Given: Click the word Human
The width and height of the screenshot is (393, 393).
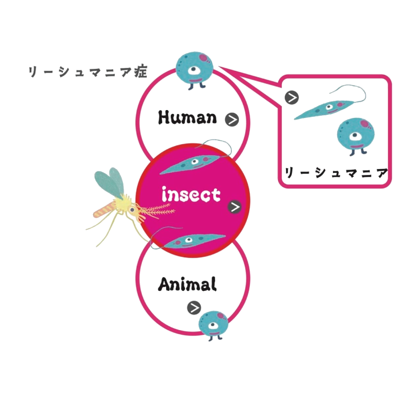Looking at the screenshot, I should pos(187,117).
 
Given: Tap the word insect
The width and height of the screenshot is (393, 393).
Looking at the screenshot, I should pos(191,196).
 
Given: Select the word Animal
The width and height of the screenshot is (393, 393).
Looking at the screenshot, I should pos(187,284).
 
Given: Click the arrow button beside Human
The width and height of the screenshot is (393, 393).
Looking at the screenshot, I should pos(231,119).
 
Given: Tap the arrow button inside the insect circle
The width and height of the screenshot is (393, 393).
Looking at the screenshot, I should pos(235,207).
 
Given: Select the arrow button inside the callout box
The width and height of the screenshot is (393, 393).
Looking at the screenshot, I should pos(292,97).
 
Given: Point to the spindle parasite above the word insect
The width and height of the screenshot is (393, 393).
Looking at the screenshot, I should pos(192,163).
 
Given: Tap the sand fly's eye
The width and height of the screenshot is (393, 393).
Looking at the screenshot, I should pos(132,209).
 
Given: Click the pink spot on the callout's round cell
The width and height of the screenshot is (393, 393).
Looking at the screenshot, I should pos(364,123).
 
